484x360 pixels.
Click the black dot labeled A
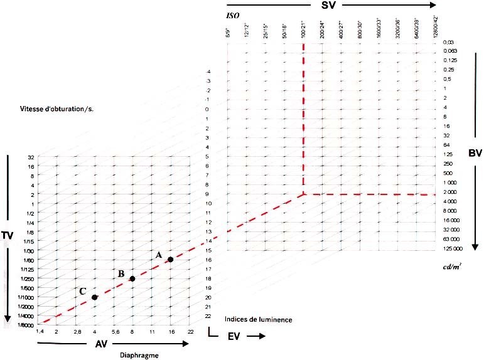tap(170, 260)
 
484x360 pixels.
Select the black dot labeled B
tap(132, 278)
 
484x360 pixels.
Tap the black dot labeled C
tap(94, 297)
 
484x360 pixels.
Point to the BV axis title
tap(475, 152)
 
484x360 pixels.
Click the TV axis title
tap(8, 235)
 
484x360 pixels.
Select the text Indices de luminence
tap(257, 319)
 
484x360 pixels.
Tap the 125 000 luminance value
tap(452, 249)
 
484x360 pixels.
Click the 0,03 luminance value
tap(447, 41)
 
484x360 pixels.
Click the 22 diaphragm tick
tap(190, 331)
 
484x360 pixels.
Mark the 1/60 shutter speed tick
tap(29, 260)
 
